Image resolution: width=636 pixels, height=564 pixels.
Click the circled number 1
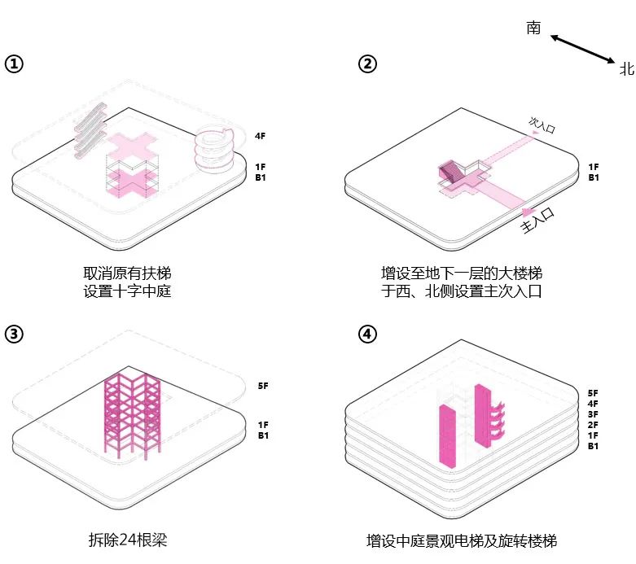click(x=14, y=64)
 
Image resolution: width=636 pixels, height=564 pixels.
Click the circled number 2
click(x=369, y=64)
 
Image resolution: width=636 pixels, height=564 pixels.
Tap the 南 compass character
click(x=533, y=28)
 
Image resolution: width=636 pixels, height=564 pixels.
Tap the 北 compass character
click(x=626, y=69)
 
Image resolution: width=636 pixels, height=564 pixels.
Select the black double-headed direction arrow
click(x=582, y=48)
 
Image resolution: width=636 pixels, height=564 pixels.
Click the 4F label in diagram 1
click(x=261, y=136)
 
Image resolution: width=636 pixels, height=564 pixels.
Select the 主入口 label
click(x=537, y=221)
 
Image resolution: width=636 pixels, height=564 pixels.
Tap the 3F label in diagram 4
click(x=592, y=414)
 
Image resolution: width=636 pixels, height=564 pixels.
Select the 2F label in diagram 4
click(x=592, y=425)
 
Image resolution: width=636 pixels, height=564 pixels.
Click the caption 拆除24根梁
click(x=128, y=539)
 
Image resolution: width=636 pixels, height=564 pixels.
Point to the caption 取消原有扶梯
click(x=128, y=273)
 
